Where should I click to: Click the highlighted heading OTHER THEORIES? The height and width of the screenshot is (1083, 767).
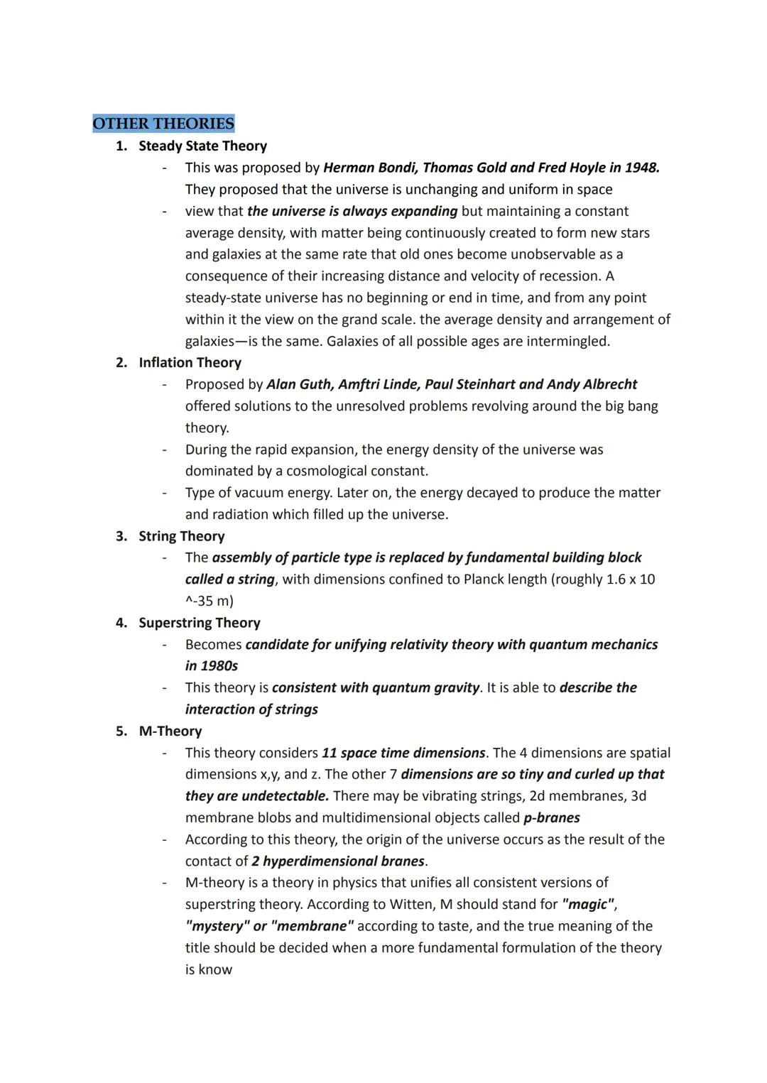pyautogui.click(x=163, y=124)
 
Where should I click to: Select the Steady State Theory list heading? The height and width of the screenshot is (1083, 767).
pyautogui.click(x=202, y=146)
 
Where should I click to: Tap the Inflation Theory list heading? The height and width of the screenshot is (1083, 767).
pyautogui.click(x=190, y=362)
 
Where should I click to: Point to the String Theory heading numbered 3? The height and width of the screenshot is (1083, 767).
pyautogui.click(x=181, y=536)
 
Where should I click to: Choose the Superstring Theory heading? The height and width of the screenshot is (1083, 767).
pyautogui.click(x=199, y=623)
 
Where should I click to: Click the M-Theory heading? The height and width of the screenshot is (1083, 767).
pyautogui.click(x=170, y=731)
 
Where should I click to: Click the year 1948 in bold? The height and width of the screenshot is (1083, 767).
pyautogui.click(x=641, y=168)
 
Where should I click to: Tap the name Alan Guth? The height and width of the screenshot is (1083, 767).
pyautogui.click(x=299, y=384)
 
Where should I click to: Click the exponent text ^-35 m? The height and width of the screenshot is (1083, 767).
pyautogui.click(x=209, y=601)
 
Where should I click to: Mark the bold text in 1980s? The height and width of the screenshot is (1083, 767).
pyautogui.click(x=212, y=666)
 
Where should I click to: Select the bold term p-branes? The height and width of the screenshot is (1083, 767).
pyautogui.click(x=551, y=817)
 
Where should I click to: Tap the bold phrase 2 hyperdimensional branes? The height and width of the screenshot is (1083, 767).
pyautogui.click(x=339, y=861)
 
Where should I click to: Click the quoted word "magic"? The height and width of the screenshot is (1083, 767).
pyautogui.click(x=589, y=904)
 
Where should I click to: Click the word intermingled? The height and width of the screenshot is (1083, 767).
pyautogui.click(x=570, y=341)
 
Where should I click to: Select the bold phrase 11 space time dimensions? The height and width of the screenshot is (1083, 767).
pyautogui.click(x=403, y=753)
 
